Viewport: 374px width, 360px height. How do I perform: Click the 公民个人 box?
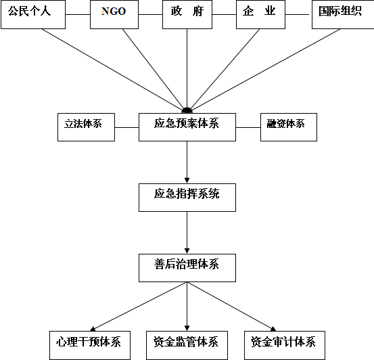click(x=33, y=15)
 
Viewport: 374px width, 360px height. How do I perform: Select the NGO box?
click(x=114, y=15)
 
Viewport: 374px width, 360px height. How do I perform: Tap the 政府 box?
click(x=187, y=15)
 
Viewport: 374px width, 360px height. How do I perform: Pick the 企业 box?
click(x=260, y=15)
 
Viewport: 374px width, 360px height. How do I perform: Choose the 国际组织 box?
click(x=343, y=15)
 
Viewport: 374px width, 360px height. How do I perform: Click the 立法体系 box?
click(x=86, y=127)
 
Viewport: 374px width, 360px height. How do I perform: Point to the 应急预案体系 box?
click(x=187, y=127)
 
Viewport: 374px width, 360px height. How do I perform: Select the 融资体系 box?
click(x=289, y=127)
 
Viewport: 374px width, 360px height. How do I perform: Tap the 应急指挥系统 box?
click(x=187, y=198)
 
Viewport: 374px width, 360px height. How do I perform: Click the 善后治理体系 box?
click(x=187, y=268)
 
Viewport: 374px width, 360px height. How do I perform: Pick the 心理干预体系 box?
click(x=90, y=345)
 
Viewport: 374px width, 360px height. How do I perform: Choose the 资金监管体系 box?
click(x=187, y=345)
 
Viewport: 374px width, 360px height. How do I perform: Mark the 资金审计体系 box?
click(x=285, y=345)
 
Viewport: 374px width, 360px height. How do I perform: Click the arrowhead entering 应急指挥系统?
click(x=187, y=181)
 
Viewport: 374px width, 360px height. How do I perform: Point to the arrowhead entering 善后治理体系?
click(x=187, y=251)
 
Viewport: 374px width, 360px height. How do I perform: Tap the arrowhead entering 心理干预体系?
click(x=93, y=329)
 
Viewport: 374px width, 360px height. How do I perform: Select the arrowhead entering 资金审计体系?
click(x=273, y=329)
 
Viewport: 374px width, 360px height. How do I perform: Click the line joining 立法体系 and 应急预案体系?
click(x=127, y=127)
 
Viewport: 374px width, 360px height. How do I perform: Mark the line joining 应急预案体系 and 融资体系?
click(x=248, y=127)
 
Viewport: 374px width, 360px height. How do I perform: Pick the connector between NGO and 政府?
click(x=151, y=15)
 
